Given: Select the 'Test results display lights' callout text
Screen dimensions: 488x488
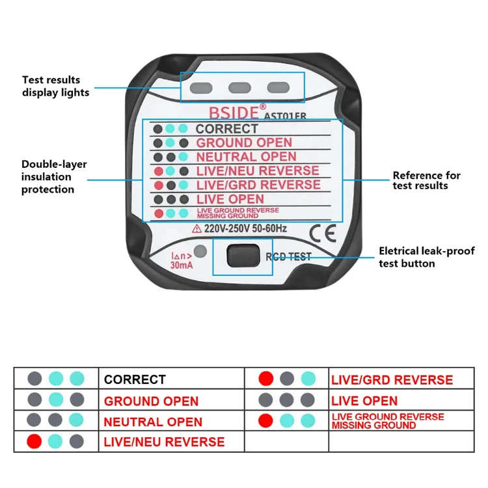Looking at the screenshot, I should tap(56, 86).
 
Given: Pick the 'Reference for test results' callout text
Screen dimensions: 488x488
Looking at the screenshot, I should tap(426, 180).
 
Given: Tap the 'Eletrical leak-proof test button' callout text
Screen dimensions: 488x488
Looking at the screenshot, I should tap(427, 256).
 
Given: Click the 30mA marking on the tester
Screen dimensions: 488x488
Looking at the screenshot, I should tap(181, 265).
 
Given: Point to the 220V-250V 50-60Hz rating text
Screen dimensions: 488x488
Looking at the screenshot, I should tap(245, 229).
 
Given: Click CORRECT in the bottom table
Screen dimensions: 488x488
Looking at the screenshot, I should tap(135, 379).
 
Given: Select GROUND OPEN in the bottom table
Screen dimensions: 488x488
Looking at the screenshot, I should tap(151, 401).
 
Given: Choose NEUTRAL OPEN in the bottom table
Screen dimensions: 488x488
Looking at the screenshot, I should tap(153, 422).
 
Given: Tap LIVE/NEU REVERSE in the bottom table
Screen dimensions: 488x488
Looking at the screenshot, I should tap(164, 442).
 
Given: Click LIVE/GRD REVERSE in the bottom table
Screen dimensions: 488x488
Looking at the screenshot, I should tap(392, 379).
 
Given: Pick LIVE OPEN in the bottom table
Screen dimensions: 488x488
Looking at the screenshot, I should tap(364, 401).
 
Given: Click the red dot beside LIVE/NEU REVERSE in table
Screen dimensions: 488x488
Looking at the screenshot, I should tap(34, 442).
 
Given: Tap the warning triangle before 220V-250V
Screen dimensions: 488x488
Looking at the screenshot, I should tap(196, 229).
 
